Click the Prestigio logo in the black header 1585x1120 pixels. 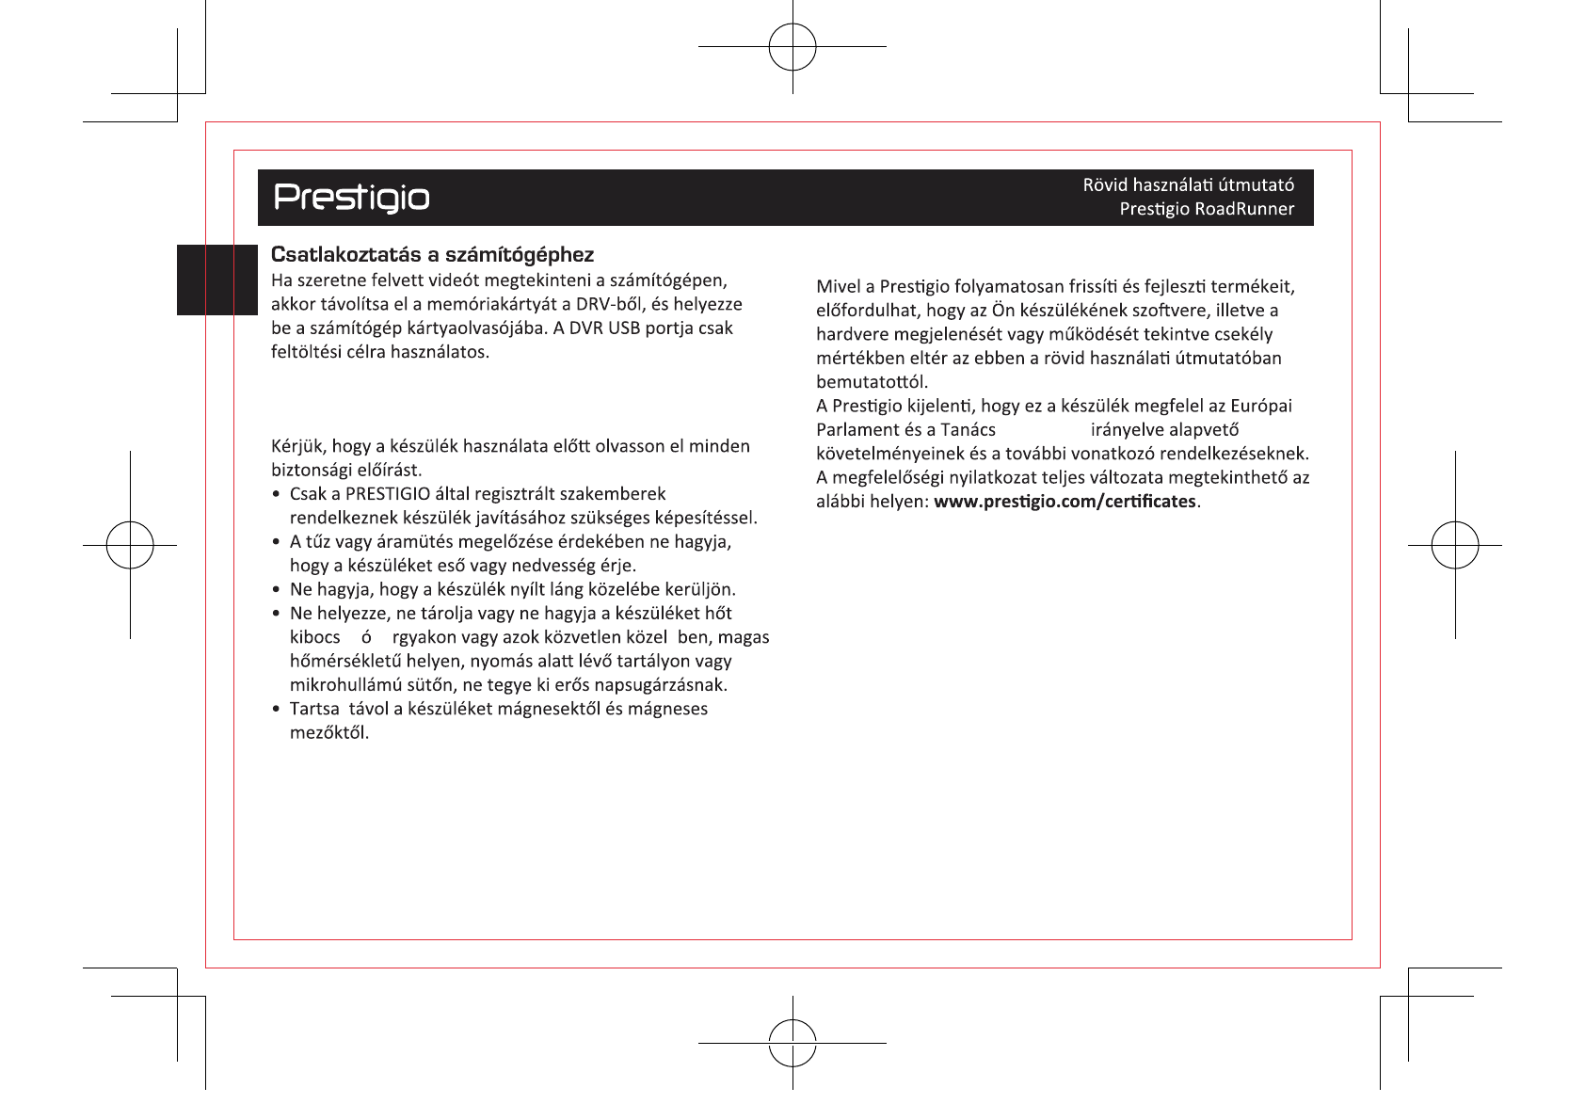click(x=351, y=198)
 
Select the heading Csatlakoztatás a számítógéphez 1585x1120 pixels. click(x=432, y=255)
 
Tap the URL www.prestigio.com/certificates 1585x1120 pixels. click(x=1065, y=502)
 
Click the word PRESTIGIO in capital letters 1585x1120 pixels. click(x=388, y=494)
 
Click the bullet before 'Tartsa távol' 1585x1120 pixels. click(x=276, y=709)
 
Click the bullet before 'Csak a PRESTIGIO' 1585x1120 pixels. click(x=276, y=494)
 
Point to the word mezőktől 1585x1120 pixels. click(x=329, y=733)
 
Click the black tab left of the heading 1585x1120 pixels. click(x=216, y=280)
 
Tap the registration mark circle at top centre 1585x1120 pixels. click(x=792, y=46)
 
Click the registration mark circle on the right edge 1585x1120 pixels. click(x=1455, y=545)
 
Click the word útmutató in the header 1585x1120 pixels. click(x=1256, y=184)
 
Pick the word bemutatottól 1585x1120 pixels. click(x=872, y=382)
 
